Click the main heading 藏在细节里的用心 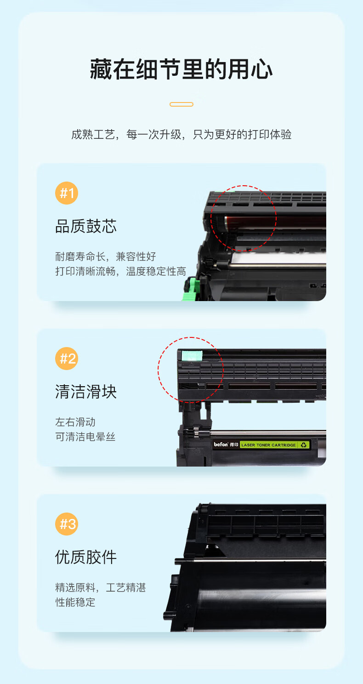point(181,69)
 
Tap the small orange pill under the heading point(181,104)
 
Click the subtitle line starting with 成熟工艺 point(181,134)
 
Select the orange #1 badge point(67,193)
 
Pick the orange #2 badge point(67,359)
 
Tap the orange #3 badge point(67,524)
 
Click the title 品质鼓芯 point(86,226)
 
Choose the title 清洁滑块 point(86,392)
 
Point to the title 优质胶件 point(86,557)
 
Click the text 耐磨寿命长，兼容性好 point(106,256)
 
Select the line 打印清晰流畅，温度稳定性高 point(120,271)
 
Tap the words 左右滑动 point(75,422)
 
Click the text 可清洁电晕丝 point(85,437)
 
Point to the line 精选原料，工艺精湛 point(101,587)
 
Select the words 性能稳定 point(75,602)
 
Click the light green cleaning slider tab point(192,356)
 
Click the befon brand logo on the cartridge point(221,445)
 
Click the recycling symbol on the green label point(303,445)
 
